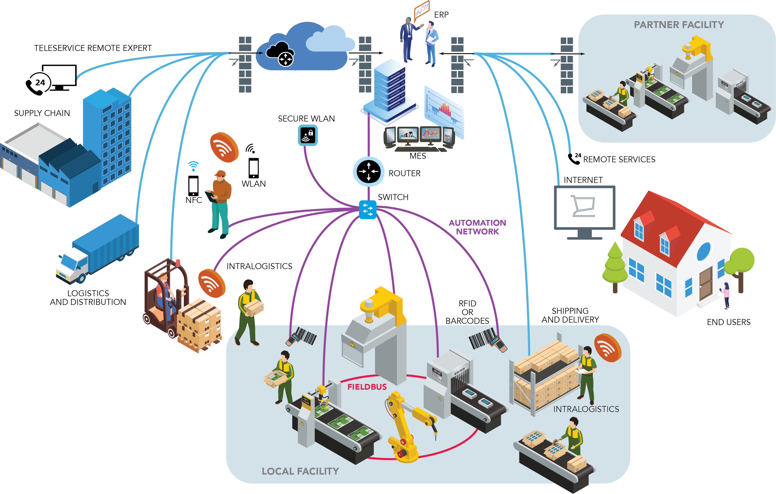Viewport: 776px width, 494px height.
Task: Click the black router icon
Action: tap(368, 171)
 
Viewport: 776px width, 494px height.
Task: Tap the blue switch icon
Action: tap(367, 209)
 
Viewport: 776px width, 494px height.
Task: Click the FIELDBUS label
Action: tap(367, 387)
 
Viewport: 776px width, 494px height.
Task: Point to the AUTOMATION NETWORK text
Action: tap(477, 227)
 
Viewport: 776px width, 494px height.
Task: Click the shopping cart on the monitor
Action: tap(583, 206)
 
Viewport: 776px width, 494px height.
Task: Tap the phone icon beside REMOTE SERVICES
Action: tap(574, 159)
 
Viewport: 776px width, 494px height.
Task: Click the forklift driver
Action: tap(164, 290)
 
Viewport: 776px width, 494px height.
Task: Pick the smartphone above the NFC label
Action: tap(193, 186)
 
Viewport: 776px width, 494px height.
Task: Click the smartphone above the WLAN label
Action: tap(254, 167)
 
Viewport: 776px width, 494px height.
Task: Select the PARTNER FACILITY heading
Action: tap(679, 25)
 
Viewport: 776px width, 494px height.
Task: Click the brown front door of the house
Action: tap(705, 284)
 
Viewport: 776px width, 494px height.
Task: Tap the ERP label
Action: tap(441, 15)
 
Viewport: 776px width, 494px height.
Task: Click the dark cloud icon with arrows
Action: tap(280, 54)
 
